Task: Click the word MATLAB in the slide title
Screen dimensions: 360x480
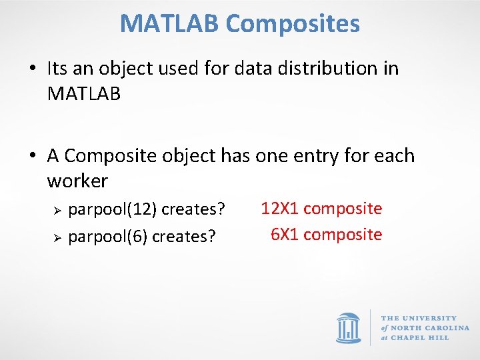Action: point(169,24)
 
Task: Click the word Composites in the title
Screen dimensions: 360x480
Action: point(293,24)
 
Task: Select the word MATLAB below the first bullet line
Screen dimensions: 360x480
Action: point(84,94)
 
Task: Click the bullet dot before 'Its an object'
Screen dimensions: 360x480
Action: point(33,69)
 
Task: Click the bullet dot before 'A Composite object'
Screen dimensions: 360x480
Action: point(33,157)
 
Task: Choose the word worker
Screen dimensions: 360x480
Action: point(77,181)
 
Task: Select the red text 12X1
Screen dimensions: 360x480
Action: point(279,209)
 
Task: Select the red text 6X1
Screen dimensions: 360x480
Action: point(284,235)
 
